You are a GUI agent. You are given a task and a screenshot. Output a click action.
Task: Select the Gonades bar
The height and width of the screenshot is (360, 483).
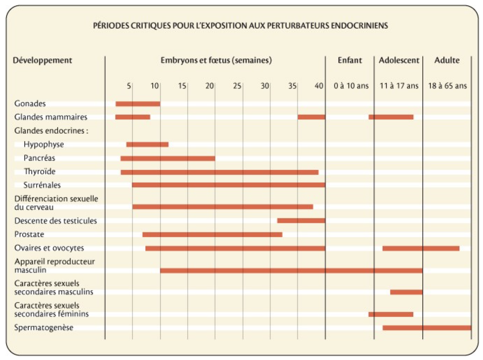(138, 104)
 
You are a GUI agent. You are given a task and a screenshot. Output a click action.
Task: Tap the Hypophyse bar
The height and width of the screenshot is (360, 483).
(147, 144)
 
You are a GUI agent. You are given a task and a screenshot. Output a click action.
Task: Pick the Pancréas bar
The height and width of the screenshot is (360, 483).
(168, 158)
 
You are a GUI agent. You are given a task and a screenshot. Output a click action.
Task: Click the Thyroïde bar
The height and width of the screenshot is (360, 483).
(219, 172)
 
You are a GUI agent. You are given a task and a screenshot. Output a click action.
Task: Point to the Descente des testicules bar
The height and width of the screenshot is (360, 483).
(301, 221)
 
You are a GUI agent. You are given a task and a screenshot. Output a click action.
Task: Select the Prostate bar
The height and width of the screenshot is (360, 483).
(212, 234)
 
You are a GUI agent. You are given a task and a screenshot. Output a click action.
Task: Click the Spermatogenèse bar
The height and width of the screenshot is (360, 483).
(427, 328)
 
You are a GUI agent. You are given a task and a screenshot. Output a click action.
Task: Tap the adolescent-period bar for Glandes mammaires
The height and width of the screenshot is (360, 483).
(391, 117)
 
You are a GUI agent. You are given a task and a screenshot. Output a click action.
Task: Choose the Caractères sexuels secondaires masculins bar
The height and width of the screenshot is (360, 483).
(406, 292)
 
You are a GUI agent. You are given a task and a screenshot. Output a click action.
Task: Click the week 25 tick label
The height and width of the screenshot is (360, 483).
(236, 86)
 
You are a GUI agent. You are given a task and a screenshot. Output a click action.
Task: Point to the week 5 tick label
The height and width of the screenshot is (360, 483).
(129, 86)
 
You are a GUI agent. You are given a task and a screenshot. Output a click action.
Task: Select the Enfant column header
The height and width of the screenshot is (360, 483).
(350, 61)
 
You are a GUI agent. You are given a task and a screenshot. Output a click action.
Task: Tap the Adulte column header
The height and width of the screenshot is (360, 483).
(447, 61)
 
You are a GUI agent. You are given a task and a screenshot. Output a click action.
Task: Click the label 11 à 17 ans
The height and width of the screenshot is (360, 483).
(399, 86)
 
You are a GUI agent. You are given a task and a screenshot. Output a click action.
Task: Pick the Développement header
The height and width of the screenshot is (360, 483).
(43, 61)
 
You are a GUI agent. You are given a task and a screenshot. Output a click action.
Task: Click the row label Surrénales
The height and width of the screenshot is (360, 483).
(42, 185)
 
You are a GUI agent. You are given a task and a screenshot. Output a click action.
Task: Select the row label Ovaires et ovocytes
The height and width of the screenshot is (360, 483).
(49, 248)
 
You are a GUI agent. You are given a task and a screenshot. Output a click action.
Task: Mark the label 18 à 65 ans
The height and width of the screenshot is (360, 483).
(447, 86)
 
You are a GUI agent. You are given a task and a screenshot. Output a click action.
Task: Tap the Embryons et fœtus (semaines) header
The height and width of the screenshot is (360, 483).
(216, 61)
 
